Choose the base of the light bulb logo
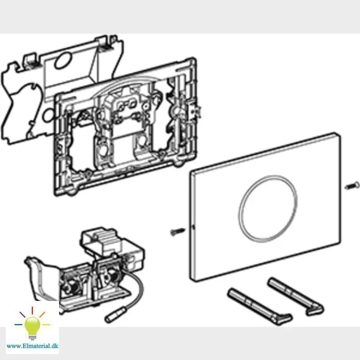coord(32,334)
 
